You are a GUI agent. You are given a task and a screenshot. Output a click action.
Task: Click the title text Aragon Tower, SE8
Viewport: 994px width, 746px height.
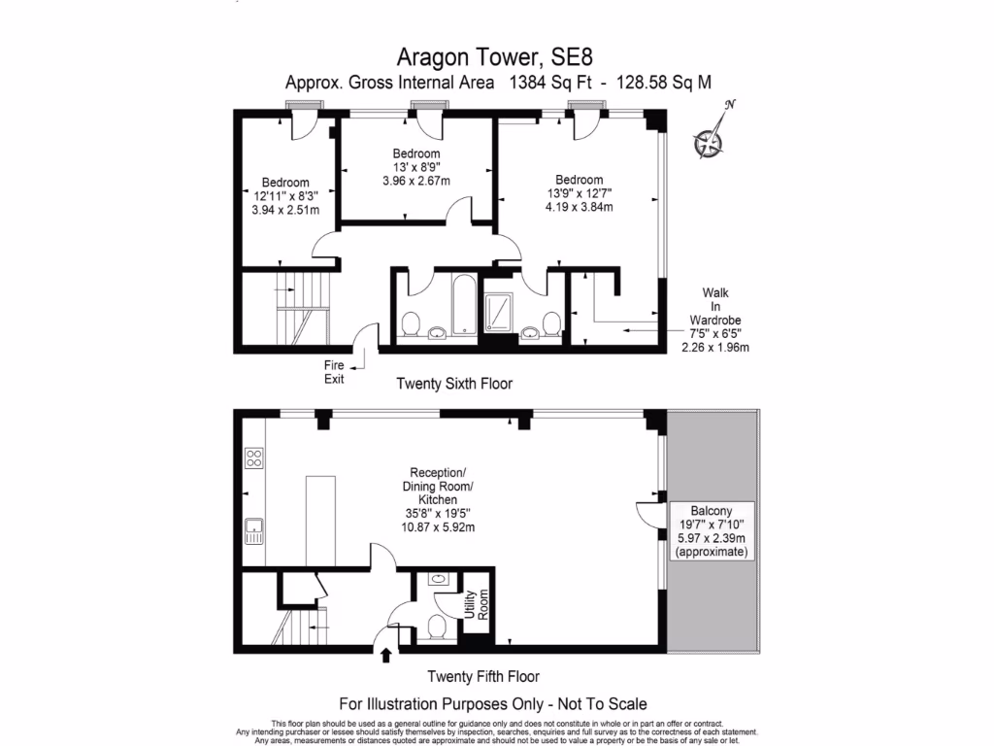496,57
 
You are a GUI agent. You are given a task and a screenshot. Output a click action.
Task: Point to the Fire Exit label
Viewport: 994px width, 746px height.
335,371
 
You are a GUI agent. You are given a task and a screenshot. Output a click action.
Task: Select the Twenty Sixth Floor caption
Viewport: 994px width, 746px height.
454,384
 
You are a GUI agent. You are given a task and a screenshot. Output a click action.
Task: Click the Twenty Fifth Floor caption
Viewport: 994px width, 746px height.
483,676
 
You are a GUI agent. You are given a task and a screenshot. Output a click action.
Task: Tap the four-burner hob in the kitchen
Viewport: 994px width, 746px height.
254,458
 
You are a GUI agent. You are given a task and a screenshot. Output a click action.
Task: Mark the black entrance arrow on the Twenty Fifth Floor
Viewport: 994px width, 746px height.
386,656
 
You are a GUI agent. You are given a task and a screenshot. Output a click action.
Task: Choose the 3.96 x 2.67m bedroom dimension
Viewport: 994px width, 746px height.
416,180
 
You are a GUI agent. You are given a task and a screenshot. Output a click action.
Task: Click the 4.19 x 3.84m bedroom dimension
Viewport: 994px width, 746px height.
580,206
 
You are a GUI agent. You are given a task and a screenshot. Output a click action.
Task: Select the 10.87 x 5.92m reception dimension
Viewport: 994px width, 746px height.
438,527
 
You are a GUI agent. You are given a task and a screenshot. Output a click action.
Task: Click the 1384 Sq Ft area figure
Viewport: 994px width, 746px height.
545,83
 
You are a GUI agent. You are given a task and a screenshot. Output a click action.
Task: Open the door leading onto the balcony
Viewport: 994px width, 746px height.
648,513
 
